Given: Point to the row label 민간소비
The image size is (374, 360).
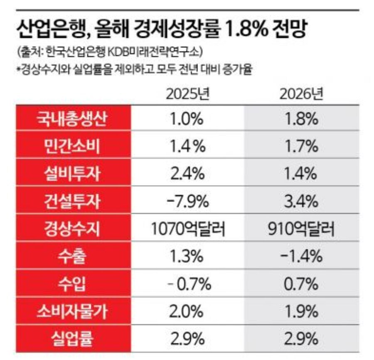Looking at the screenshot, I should pos(74,147).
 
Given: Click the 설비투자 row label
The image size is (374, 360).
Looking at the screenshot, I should pos(74,174).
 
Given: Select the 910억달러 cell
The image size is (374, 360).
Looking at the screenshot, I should pos(302,229).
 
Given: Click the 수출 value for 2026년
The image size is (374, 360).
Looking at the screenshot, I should pos(302,257).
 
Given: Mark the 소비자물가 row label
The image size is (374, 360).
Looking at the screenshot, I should pos(74,312).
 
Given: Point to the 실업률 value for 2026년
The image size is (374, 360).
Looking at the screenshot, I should pos(302,339).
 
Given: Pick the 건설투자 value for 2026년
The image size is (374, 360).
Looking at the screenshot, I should pos(302,202).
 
